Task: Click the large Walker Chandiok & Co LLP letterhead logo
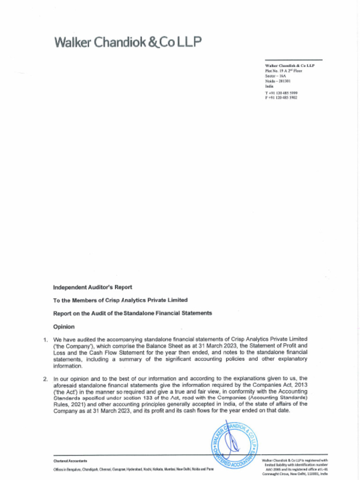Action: (128, 43)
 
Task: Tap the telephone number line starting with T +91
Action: (281, 93)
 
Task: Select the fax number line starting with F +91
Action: (281, 97)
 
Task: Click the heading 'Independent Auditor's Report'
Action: (92, 287)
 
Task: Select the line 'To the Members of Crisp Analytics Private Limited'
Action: (120, 300)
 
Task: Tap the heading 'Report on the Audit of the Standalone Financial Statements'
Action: (132, 313)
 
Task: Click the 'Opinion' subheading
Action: (64, 326)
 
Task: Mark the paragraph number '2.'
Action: (45, 378)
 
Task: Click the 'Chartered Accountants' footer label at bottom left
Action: (70, 461)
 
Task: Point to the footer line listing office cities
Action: (134, 469)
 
